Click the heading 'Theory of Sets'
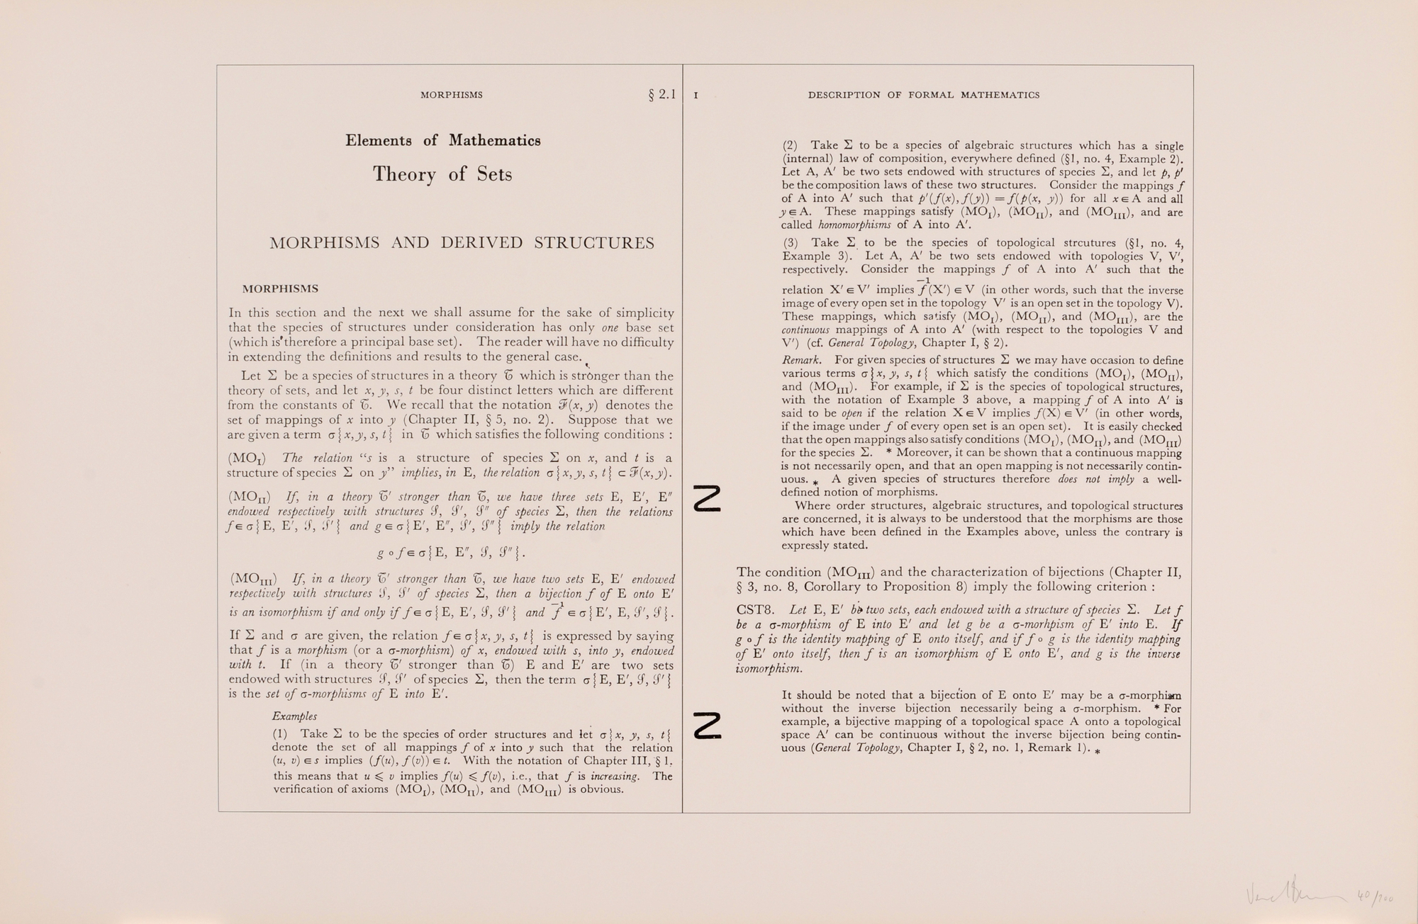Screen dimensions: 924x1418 (442, 174)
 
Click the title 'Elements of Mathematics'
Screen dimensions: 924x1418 (443, 140)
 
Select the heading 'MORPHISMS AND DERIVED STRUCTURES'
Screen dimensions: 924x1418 (462, 243)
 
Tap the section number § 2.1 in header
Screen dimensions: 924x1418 (661, 94)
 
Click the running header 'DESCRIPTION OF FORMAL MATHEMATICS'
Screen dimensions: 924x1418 (924, 95)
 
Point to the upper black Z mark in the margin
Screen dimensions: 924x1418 (708, 499)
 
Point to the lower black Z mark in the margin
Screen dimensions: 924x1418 (708, 726)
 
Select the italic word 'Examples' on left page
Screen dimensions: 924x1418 (294, 716)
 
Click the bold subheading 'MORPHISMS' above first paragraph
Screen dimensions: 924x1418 (280, 289)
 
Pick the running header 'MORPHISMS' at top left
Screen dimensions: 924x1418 (452, 95)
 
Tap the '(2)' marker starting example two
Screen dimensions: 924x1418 (790, 145)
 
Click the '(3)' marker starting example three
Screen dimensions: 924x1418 (790, 242)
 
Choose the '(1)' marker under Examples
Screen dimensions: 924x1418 (279, 734)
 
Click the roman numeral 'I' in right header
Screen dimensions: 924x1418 (696, 96)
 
